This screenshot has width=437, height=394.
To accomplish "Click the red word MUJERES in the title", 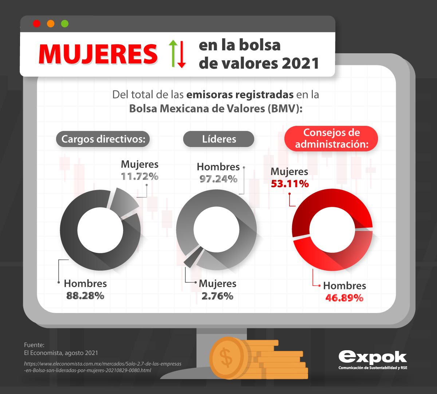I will coord(98,54).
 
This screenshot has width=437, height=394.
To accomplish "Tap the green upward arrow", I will coord(173,54).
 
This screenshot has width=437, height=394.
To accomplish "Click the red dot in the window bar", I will coord(36,24).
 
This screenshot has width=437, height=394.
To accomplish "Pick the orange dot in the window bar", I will coord(51,24).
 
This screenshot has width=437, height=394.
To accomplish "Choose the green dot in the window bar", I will coord(65,24).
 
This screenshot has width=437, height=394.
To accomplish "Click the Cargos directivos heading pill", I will coord(103,139).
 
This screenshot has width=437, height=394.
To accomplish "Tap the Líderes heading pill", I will coord(219,139).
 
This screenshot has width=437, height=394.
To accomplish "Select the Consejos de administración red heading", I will coord(331,138).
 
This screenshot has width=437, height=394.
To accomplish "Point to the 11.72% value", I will coord(140,177).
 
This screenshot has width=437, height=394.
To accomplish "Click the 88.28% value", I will coord(85,295).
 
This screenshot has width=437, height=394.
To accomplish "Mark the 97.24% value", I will coord(218,179).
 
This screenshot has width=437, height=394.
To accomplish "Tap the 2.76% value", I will coord(217,296).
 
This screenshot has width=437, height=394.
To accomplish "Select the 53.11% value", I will coord(290,184).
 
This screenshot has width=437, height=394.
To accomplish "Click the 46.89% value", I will coord(344,298).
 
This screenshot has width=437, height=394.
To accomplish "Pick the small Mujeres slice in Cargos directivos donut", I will coord(124,202).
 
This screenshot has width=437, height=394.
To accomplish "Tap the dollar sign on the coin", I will coord(227,357).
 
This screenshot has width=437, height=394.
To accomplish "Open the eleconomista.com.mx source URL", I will coord(103,367).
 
